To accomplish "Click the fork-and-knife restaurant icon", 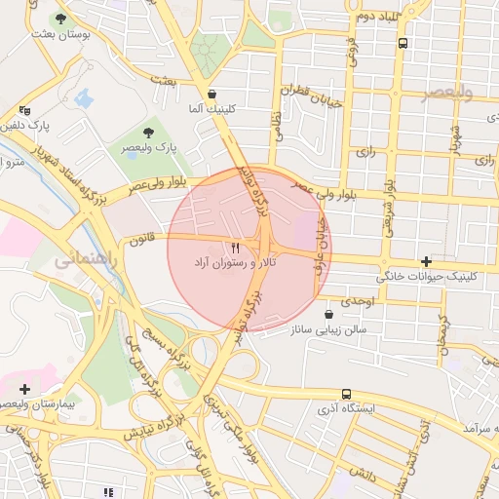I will pos(234,249).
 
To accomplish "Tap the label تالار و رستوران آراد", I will pos(234,264).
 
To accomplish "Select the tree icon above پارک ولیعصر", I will pos(148,132).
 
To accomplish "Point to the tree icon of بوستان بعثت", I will pos(61,19).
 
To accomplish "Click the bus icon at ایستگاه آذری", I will pos(346,394).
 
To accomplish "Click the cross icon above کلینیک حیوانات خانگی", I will pos(426,261).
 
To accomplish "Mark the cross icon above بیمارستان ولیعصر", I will pos(23,389).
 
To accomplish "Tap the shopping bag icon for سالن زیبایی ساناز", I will pos(327,315).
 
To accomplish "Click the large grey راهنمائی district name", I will pos(88,261).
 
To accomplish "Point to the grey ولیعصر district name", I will pos(447,93).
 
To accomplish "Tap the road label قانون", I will pos(144,235).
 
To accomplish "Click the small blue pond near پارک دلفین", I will pos(83,98).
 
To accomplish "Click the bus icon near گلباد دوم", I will pos(403,43).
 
